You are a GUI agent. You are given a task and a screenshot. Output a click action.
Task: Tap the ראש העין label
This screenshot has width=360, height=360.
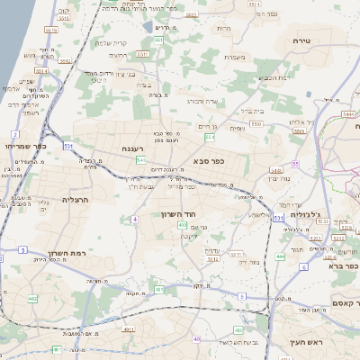click(307, 340)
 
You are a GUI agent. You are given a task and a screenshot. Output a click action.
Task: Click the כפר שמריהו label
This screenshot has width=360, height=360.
click(21, 145)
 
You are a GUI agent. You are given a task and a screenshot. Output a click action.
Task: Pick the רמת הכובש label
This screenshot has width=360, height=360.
click(276, 77)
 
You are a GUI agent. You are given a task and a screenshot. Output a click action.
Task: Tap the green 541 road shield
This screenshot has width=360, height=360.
click(140, 159)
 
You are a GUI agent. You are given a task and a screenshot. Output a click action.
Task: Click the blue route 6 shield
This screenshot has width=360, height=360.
click(304, 266)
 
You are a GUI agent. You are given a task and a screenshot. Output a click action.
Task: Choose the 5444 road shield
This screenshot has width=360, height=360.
click(347, 113)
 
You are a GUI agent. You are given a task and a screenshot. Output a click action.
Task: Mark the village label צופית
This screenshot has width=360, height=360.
click(236, 129)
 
